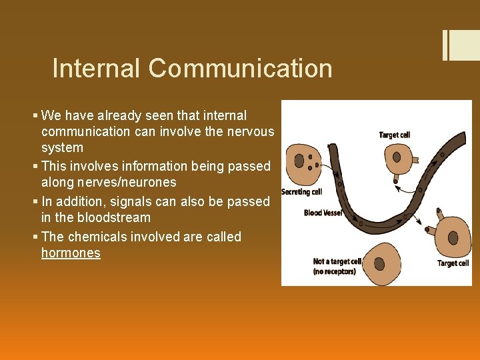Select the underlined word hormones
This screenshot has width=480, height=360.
click(x=71, y=253)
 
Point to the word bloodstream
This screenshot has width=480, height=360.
click(x=113, y=217)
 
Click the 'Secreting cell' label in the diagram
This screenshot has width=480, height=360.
click(x=301, y=192)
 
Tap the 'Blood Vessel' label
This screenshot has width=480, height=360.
click(x=323, y=213)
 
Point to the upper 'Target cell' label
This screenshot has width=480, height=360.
click(x=394, y=135)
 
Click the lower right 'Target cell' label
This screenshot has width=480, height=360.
click(x=453, y=263)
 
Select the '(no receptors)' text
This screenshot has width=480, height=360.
click(x=334, y=271)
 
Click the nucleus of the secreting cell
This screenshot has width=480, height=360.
click(x=299, y=161)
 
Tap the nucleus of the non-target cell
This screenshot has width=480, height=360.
click(x=379, y=263)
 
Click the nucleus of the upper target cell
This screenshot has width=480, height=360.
click(x=397, y=157)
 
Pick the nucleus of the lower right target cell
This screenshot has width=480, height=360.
click(x=453, y=237)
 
